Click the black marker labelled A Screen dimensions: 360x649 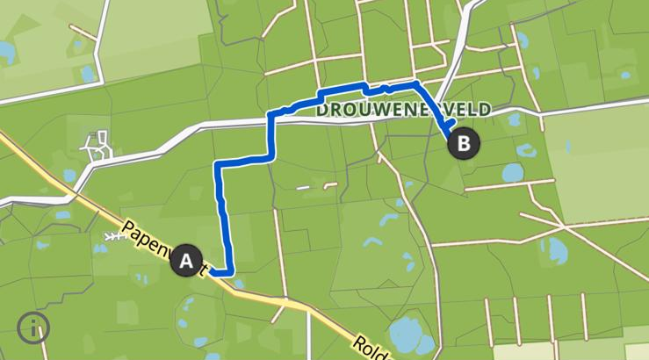[185, 261]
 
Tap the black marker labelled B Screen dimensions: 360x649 [464, 142]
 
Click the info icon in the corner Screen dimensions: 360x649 [33, 328]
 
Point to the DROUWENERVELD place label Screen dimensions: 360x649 [403, 110]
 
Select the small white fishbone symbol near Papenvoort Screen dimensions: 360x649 [112, 237]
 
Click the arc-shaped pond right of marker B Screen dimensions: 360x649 [527, 150]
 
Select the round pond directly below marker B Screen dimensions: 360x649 [513, 172]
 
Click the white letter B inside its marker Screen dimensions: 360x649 [464, 142]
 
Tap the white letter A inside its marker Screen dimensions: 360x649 [185, 261]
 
